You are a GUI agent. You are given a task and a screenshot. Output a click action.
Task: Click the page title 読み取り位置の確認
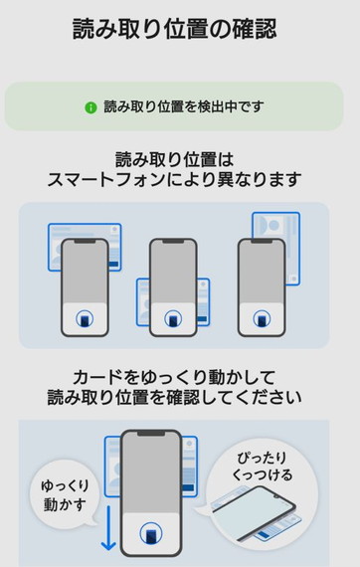coord(175,29)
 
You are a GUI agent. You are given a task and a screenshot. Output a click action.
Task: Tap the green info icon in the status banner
coord(90,107)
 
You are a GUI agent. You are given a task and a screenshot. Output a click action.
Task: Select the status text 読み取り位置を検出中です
coord(184,106)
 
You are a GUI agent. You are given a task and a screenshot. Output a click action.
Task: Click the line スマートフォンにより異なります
coord(175,179)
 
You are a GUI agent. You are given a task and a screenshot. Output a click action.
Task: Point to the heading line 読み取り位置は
coord(175,159)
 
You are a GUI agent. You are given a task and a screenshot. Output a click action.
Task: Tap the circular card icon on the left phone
coord(85,319)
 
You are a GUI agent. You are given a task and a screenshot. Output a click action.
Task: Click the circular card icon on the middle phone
coord(173,319)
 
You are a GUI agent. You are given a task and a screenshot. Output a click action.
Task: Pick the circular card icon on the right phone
coord(262,319)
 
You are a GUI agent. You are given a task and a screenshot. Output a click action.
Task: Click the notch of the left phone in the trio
coord(85,241)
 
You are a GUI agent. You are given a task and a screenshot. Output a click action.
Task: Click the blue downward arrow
coord(108,528)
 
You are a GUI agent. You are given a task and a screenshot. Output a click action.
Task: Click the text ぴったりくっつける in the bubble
coord(263,467)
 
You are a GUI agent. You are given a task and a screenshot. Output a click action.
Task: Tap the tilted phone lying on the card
coord(253,511)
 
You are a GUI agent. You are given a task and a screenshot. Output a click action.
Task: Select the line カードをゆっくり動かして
coord(175,378)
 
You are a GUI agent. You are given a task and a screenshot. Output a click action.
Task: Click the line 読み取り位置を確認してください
coord(175,397)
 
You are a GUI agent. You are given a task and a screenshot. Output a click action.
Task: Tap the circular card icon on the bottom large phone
coord(151,533)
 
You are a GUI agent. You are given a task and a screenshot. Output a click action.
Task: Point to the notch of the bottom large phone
coord(151,434)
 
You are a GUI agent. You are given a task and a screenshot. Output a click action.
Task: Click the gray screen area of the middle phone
coord(173,273)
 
